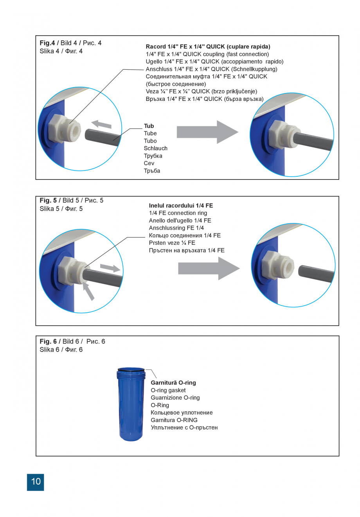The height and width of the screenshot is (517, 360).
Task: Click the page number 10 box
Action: click(36, 481)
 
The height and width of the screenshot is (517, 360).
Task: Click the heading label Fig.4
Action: click(47, 43)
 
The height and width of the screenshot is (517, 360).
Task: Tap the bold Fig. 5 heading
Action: click(48, 200)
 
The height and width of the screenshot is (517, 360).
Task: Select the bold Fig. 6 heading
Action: click(48, 341)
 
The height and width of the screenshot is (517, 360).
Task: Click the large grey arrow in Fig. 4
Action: click(207, 132)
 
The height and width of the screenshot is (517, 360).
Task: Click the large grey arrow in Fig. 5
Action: click(209, 268)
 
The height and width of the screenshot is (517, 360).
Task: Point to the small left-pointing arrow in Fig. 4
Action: click(101, 124)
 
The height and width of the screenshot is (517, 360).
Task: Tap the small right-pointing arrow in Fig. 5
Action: click(110, 268)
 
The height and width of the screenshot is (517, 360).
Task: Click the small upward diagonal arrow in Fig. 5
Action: click(89, 291)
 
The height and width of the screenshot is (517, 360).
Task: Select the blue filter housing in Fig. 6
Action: click(131, 407)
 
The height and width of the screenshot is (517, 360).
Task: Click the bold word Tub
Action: click(149, 126)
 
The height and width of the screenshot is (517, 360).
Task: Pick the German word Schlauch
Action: click(155, 148)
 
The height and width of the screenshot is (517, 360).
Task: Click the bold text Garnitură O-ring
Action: click(173, 383)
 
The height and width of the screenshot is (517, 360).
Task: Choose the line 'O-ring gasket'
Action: click(168, 390)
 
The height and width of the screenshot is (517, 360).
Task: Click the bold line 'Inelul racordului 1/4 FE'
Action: click(181, 206)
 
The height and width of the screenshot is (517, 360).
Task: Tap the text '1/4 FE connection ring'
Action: click(178, 213)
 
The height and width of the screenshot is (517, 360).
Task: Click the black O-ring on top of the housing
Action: click(131, 369)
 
